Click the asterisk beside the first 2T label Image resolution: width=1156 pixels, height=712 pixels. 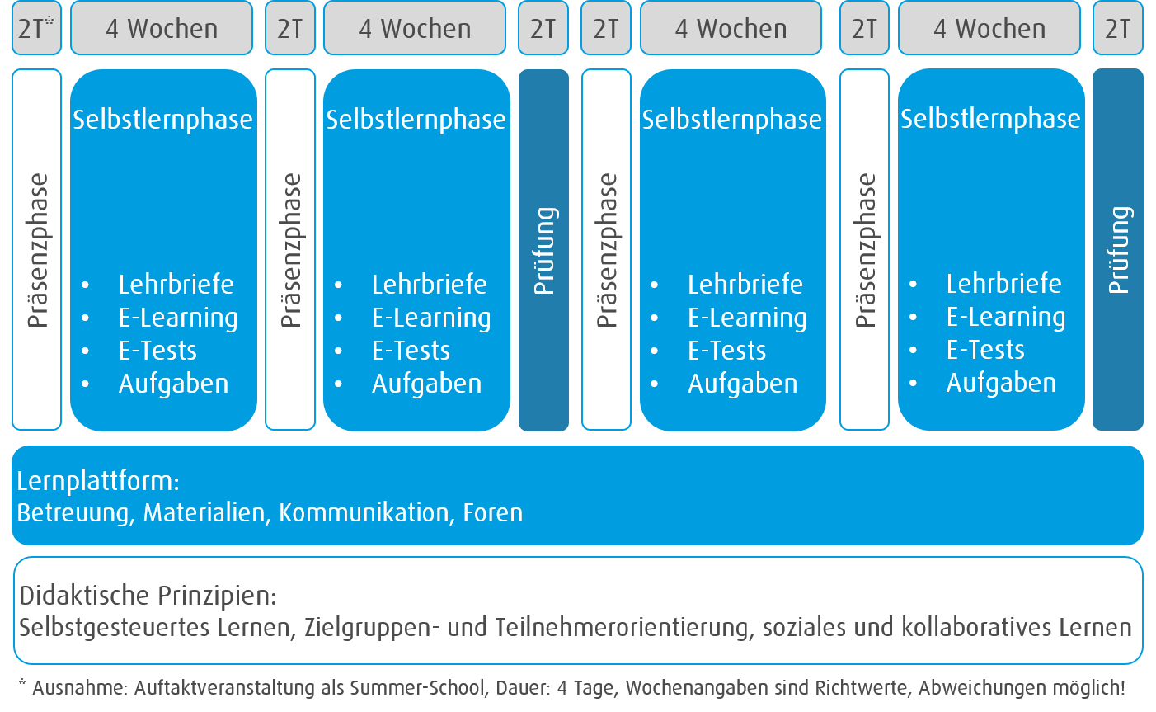pos(49,20)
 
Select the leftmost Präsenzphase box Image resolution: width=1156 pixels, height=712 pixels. pos(36,249)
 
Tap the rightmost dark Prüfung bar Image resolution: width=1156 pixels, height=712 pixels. pos(1118,249)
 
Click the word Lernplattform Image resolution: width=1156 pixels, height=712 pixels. pos(96,481)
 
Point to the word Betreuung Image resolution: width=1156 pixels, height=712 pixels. pos(73,513)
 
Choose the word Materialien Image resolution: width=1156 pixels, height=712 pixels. pos(204,513)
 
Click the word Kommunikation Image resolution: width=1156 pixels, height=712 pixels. pos(364,513)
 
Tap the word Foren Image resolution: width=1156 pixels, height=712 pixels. pos(493,513)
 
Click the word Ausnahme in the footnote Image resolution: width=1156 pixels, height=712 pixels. pos(79,688)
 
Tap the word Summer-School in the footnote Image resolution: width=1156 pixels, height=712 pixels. pos(418,688)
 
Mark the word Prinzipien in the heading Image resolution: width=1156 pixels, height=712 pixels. pos(218,596)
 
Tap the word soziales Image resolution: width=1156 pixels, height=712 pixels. pos(804,627)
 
